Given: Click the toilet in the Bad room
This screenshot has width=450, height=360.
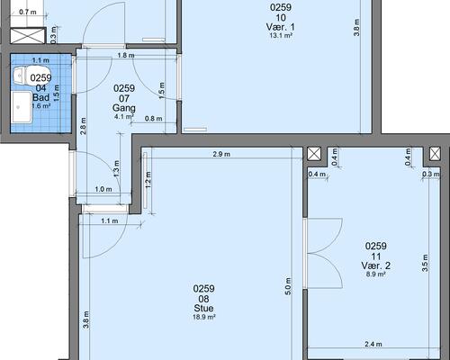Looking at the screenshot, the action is [x=21, y=76].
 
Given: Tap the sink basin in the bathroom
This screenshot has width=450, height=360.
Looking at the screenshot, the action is [x=22, y=107].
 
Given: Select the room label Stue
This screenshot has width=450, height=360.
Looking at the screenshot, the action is [x=203, y=308].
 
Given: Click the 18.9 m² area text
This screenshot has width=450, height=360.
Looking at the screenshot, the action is [x=203, y=317].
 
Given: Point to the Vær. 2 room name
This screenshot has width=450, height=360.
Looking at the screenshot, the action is [x=375, y=265].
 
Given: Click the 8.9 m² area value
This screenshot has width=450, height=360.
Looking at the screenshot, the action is [x=375, y=274].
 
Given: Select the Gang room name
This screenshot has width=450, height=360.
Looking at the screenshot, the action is [x=124, y=108].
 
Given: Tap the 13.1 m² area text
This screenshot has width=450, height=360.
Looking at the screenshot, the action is [x=281, y=35].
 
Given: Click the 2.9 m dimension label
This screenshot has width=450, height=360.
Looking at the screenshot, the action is [x=221, y=154].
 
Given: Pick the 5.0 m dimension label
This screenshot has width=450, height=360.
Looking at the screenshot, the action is [x=288, y=286].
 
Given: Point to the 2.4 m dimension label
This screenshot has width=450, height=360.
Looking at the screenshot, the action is [x=373, y=344].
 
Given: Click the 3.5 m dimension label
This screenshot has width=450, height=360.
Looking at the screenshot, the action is [x=425, y=263].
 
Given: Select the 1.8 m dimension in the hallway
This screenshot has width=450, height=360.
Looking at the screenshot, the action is [x=126, y=55].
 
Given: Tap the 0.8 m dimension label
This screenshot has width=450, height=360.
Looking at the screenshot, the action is [x=153, y=119].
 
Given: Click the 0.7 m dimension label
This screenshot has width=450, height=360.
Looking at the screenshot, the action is [x=28, y=12].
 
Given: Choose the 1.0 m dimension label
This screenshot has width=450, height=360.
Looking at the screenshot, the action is [x=103, y=189].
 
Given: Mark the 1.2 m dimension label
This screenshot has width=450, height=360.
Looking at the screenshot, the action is [x=148, y=180].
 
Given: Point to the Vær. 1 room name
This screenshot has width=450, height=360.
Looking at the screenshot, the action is [x=281, y=27].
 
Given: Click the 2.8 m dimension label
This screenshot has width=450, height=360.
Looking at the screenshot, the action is [x=84, y=126].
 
